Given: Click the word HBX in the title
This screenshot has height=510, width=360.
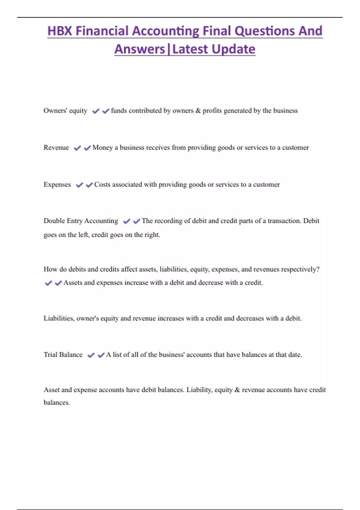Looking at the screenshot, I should tap(59, 31).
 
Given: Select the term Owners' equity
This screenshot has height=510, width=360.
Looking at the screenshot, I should tap(65, 111).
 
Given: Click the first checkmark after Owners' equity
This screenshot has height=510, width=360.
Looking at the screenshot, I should tap(96, 111).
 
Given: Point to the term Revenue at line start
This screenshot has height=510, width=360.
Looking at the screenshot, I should tap(56, 148).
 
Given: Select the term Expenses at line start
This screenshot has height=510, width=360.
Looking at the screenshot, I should tap(57, 184).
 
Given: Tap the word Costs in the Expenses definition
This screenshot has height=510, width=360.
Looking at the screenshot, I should tap(102, 184).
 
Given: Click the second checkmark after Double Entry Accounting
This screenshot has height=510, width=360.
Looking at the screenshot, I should tap(136, 221).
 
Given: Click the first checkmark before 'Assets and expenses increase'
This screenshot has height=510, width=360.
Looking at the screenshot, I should tap(48, 283).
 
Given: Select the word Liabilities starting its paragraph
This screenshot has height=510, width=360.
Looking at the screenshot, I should tap(59, 318).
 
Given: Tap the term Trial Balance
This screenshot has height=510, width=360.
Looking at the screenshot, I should tap(63, 355).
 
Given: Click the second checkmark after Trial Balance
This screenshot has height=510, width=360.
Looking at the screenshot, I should tap(101, 355).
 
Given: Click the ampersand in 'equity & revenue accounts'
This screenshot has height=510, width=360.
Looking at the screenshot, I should tap(237, 390).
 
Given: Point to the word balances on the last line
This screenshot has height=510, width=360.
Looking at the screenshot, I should tap(56, 403).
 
